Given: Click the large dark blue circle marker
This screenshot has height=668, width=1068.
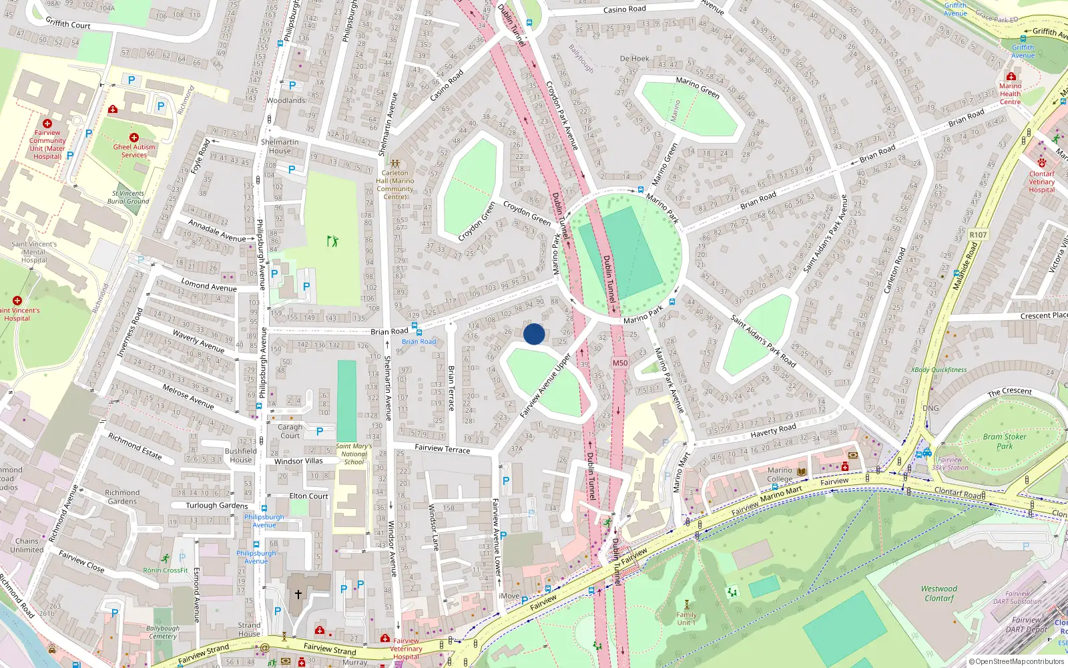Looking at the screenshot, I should click(534, 333).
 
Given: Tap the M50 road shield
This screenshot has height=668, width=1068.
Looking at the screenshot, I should click(620, 363).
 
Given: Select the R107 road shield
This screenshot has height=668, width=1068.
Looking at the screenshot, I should click(978, 234).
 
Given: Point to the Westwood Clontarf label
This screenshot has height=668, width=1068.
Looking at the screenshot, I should click(939, 593).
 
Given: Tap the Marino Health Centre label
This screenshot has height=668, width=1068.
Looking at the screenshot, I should click(1010, 94).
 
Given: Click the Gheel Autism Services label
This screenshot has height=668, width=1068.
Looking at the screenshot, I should click(134, 150).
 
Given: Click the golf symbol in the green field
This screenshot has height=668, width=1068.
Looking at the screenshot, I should click(332, 240).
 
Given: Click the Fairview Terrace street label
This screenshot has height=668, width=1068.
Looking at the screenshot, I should click(442, 448).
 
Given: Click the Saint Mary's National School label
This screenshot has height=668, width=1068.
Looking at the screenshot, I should click(354, 454).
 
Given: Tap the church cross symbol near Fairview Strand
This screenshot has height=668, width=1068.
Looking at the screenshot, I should click(298, 593).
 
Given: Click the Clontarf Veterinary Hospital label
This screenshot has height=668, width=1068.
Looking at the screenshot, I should click(1041, 182).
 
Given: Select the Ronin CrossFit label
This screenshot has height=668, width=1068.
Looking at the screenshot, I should click(166, 570).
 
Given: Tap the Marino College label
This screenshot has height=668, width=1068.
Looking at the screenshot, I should click(780, 474).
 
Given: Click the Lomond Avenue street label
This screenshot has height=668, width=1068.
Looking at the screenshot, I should click(209, 285).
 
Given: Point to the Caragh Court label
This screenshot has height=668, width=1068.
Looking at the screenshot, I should click(290, 431).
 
